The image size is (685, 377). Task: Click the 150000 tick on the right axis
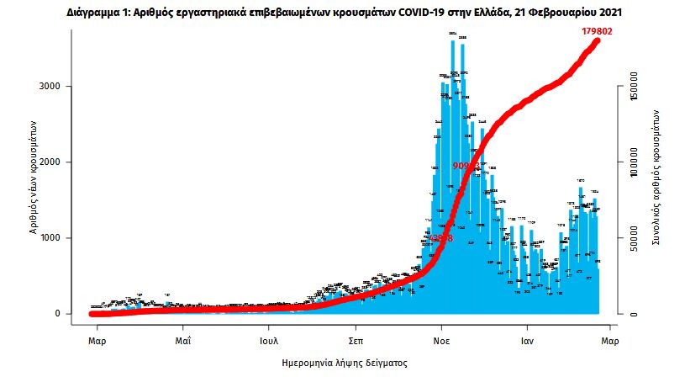pyautogui.click(x=635, y=87)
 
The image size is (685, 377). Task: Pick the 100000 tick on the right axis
pyautogui.click(x=635, y=162)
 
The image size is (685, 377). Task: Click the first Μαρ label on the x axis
pyautogui.click(x=97, y=342)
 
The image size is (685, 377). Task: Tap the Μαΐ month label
pyautogui.click(x=183, y=342)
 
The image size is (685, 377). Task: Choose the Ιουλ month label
pyautogui.click(x=269, y=342)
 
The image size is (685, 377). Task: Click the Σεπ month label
pyautogui.click(x=355, y=342)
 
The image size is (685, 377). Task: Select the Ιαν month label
pyautogui.click(x=527, y=342)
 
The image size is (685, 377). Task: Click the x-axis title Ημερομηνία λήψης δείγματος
pyautogui.click(x=344, y=364)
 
